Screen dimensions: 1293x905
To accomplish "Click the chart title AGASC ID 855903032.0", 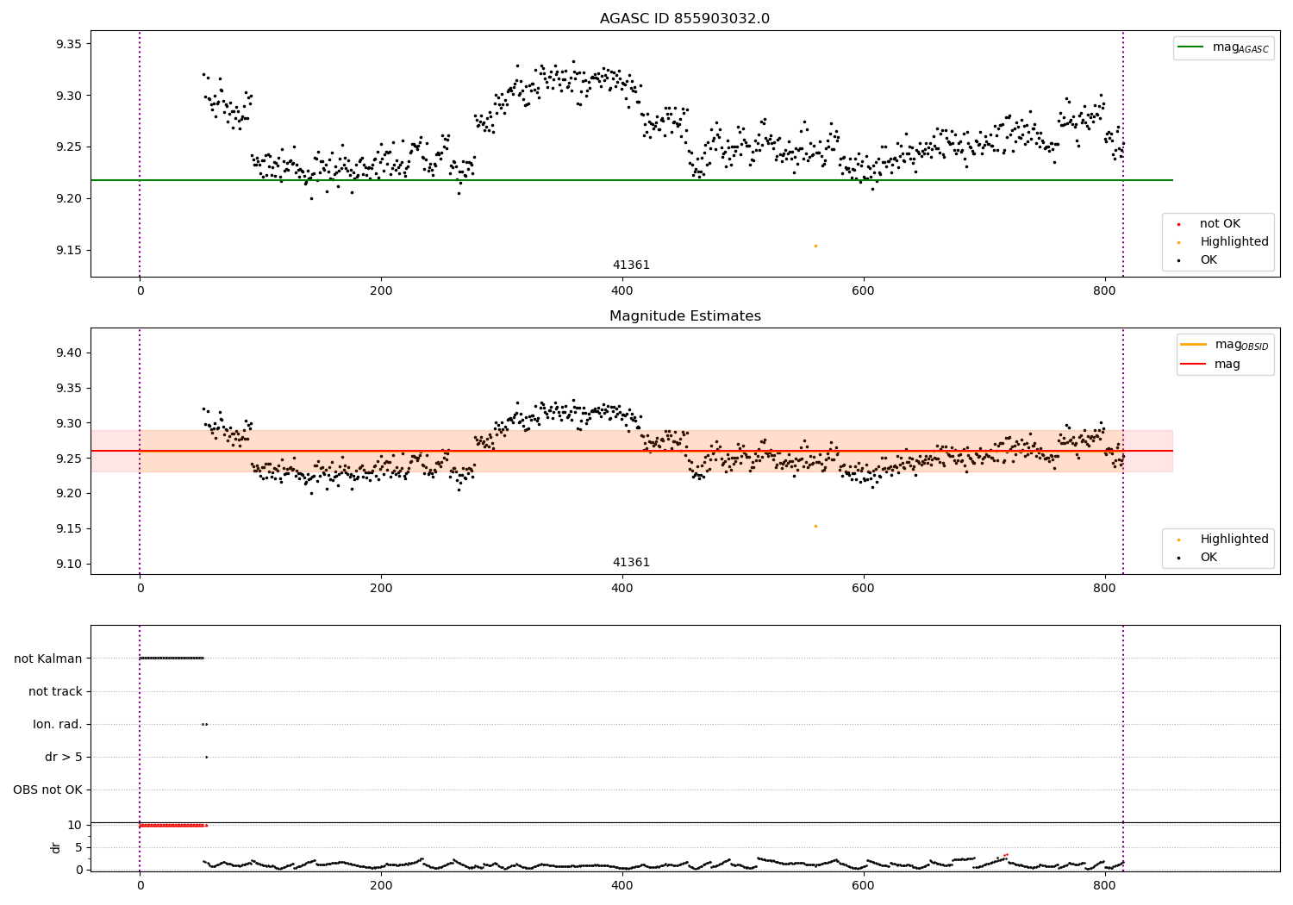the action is [x=684, y=18].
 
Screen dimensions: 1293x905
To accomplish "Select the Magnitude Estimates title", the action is [x=685, y=315].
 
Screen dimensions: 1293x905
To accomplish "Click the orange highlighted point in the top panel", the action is [x=815, y=247].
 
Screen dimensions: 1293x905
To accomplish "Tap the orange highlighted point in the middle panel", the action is [x=815, y=527].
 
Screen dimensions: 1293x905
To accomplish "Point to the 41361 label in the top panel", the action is [x=631, y=265].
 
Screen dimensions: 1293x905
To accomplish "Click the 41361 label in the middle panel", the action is [x=631, y=562].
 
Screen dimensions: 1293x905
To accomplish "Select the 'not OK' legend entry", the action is [x=1220, y=223].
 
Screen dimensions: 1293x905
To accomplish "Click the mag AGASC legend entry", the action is [x=1223, y=47].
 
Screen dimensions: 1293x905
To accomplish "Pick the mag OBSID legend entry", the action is [x=1224, y=345].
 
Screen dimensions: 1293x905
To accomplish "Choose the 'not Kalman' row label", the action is [x=48, y=658].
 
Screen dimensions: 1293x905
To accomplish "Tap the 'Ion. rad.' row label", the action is [x=57, y=724].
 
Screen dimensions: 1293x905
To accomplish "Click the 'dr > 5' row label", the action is [x=64, y=757].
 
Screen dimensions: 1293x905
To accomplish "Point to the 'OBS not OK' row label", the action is [x=47, y=790].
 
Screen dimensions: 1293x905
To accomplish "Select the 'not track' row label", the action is [x=55, y=691].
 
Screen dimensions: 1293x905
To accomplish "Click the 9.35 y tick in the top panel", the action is [x=69, y=44].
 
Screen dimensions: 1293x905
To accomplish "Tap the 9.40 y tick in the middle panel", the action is [x=69, y=353].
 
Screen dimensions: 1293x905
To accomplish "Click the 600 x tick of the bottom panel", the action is [x=864, y=885].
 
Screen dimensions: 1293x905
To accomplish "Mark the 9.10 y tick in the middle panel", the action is [x=69, y=564].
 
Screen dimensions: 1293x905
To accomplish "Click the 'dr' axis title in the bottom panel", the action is [x=55, y=848].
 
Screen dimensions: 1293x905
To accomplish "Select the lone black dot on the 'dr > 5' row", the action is [x=207, y=758].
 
